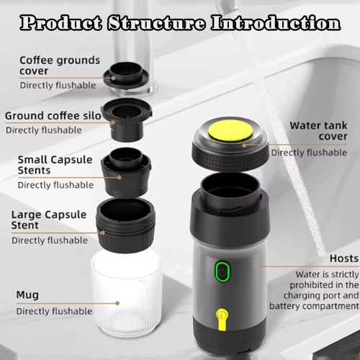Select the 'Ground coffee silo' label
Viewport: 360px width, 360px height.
coord(51,115)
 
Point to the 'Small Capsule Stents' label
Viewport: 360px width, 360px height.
coord(55,165)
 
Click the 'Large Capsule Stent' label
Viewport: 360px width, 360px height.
coord(50,220)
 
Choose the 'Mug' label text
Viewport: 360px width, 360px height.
coord(28,294)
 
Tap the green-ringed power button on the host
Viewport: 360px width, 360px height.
coord(222,273)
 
